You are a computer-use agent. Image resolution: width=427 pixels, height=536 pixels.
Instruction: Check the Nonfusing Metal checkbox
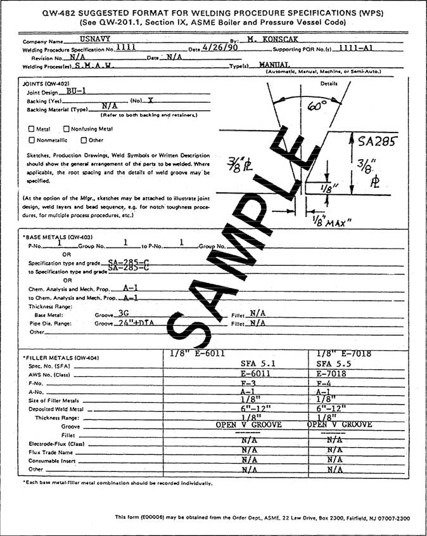67,129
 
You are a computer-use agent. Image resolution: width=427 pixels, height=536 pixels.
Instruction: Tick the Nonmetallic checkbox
32,140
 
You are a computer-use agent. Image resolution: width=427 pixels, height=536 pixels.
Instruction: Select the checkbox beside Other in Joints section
83,140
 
